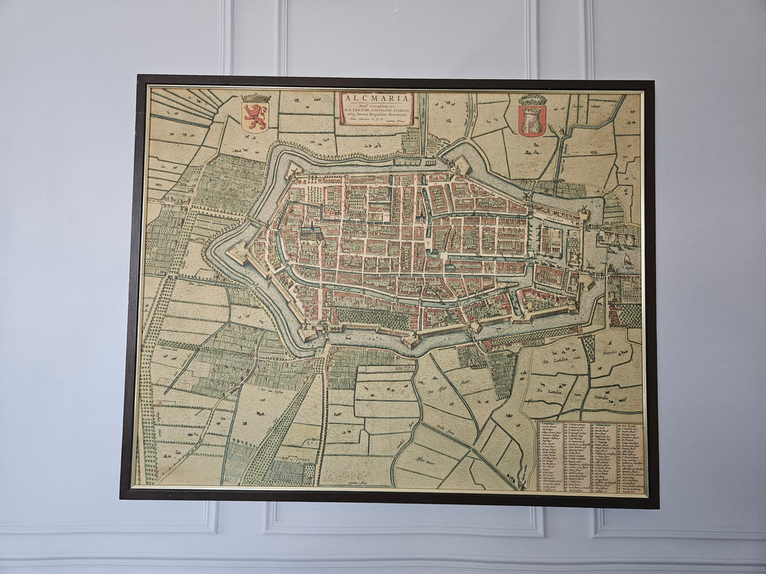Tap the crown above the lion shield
(x=255, y=98)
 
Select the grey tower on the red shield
(x=532, y=120)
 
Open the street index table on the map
(x=590, y=456)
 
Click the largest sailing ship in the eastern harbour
(x=627, y=262)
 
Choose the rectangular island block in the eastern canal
(x=552, y=241)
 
